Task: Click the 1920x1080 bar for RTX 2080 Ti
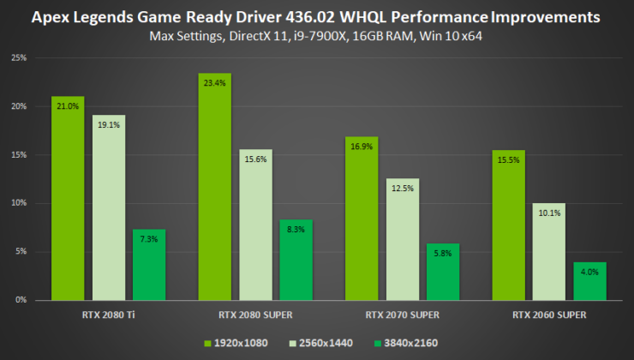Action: click(68, 198)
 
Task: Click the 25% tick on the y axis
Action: click(19, 58)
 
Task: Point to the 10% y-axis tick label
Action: click(19, 203)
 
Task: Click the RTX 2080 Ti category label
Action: click(109, 315)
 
